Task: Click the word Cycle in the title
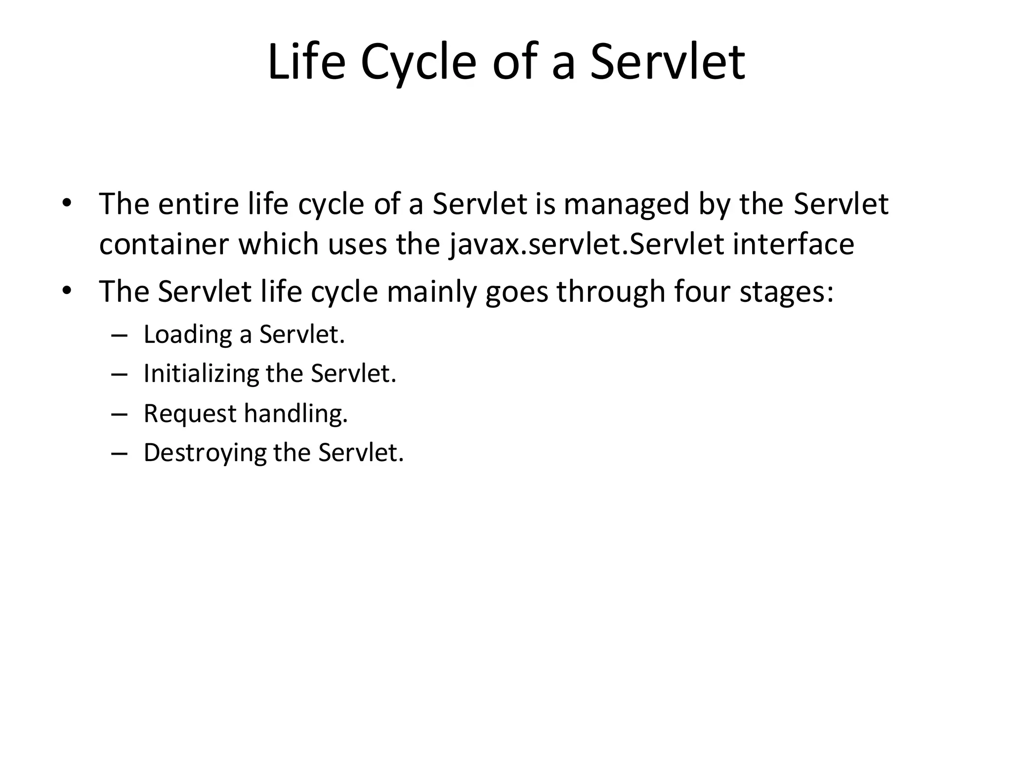(418, 63)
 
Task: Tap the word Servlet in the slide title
(667, 63)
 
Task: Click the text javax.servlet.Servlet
(587, 245)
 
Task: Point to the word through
(611, 292)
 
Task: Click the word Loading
(187, 335)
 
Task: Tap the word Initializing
(201, 374)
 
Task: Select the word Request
(190, 414)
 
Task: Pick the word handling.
(296, 413)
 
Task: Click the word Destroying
(205, 453)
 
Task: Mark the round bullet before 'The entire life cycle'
(67, 204)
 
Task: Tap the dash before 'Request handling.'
(120, 414)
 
